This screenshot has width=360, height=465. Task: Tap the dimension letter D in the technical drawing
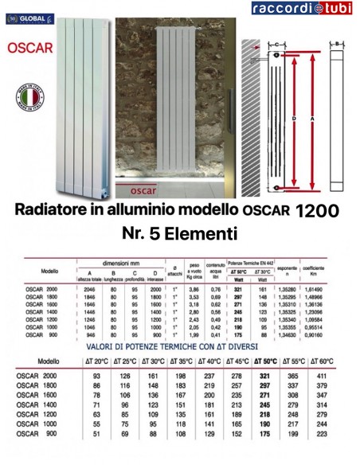[x=294, y=119]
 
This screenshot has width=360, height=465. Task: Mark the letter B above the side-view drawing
[x=338, y=43]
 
